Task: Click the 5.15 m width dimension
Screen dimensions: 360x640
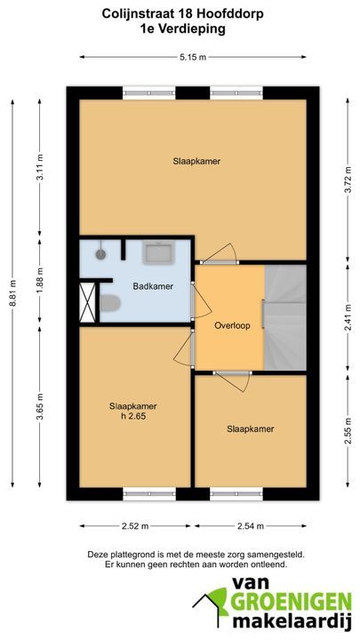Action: click(193, 57)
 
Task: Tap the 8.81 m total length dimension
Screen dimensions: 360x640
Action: click(12, 293)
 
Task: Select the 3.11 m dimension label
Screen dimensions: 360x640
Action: click(40, 169)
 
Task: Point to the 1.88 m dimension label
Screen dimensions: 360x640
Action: click(40, 280)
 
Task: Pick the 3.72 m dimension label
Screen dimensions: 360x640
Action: click(348, 178)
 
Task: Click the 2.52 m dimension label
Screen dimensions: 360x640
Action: click(135, 526)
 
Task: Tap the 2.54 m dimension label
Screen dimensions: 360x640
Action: click(251, 526)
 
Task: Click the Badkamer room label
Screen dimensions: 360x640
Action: click(153, 286)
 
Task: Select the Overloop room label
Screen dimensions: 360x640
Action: click(232, 325)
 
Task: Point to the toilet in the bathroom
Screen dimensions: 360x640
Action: click(110, 303)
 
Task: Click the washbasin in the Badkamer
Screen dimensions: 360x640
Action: click(159, 252)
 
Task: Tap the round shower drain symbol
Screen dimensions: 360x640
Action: click(100, 254)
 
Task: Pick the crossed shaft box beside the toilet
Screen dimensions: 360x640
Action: click(87, 302)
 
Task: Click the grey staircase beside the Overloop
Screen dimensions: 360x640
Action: click(285, 317)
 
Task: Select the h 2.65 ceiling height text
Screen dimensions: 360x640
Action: click(133, 417)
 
